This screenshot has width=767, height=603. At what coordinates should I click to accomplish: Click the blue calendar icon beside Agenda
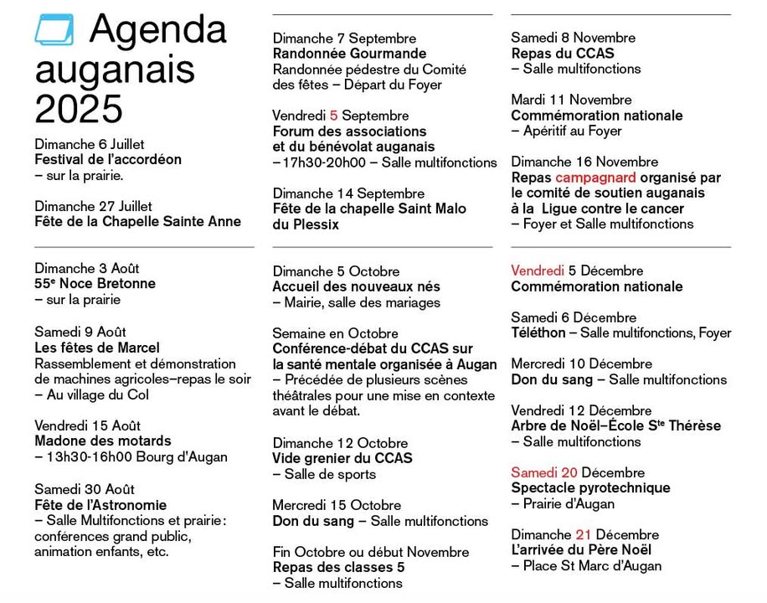click(54, 30)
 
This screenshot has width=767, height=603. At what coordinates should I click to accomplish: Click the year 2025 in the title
click(79, 109)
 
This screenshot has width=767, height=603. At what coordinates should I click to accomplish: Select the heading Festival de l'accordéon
click(108, 159)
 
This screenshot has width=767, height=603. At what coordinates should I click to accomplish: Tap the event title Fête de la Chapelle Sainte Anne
click(137, 221)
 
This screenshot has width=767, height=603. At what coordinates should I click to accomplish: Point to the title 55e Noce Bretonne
click(95, 284)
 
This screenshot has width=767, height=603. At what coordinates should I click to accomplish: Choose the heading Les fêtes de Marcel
click(97, 348)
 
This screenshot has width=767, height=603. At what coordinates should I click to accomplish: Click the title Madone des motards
click(103, 441)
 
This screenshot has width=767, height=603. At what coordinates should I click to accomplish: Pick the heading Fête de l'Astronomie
click(100, 505)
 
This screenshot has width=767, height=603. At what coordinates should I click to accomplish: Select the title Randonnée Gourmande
click(337, 54)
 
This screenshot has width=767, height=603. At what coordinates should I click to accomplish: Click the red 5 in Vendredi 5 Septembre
click(333, 116)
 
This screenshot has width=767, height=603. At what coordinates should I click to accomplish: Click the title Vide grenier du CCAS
click(342, 458)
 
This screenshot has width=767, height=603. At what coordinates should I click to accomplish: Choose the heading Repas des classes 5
click(338, 567)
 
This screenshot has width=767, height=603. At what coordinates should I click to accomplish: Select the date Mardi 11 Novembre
click(571, 100)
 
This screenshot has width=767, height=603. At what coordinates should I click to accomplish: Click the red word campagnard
click(595, 178)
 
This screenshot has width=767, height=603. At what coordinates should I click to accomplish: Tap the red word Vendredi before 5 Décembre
click(538, 271)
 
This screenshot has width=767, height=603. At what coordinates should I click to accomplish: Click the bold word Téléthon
click(538, 332)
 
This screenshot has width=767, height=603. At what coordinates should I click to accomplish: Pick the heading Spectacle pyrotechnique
click(590, 487)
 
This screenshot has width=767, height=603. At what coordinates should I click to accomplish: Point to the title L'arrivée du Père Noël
click(581, 550)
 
